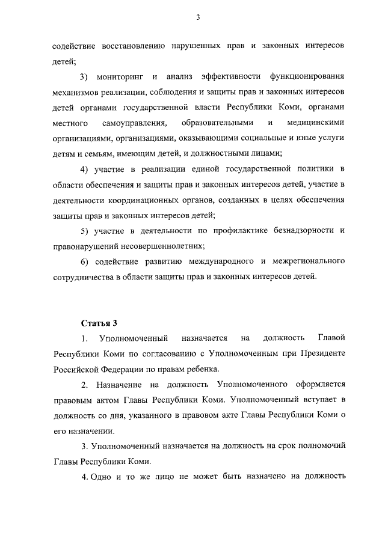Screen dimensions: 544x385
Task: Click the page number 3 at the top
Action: (x=197, y=17)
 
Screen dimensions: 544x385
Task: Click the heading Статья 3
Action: (x=99, y=324)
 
